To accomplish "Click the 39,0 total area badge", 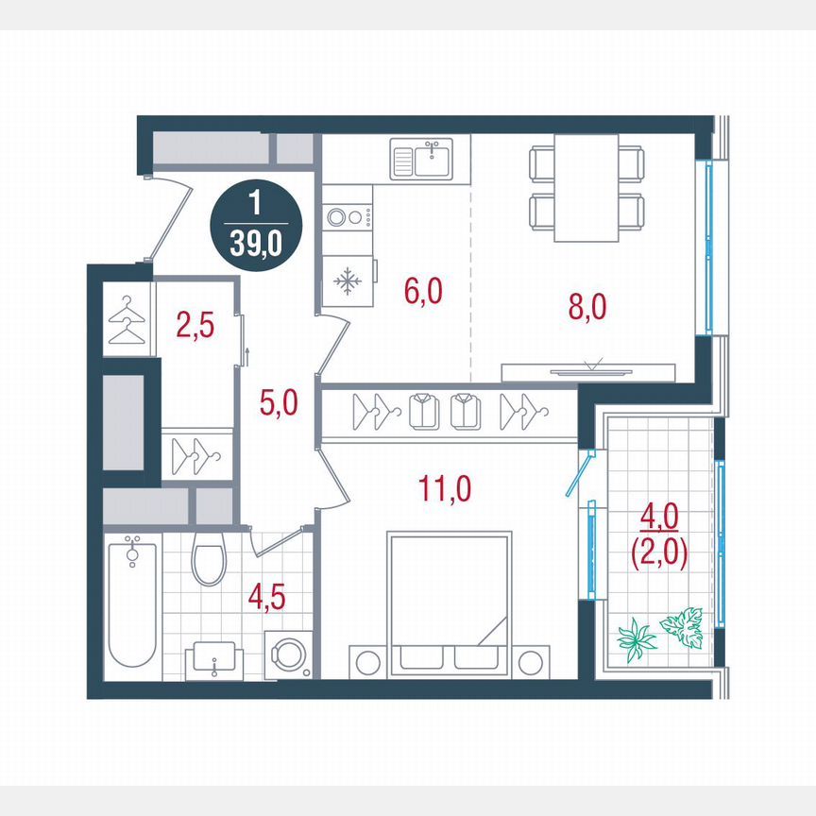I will point(255,229).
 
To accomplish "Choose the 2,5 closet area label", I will point(195,326).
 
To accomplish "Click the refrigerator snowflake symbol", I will point(348,281).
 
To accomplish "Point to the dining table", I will point(586,188).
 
